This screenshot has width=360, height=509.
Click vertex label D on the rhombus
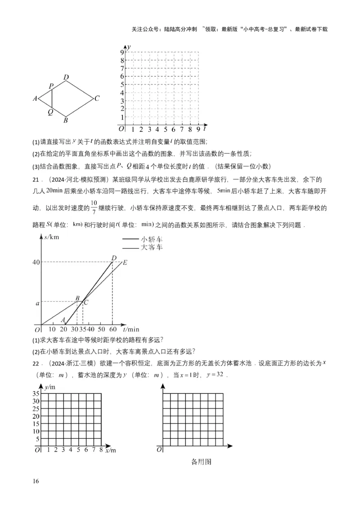point(66,77)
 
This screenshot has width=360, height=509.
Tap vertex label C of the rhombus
point(97,98)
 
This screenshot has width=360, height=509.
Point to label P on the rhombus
point(51,85)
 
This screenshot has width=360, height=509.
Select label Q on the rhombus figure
point(50,112)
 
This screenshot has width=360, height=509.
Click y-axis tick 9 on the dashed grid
point(121,52)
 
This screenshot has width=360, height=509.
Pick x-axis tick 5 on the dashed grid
point(165,130)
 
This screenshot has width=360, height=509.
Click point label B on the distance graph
point(77,298)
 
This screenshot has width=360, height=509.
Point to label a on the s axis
point(37,304)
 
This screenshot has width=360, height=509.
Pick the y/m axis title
point(50,386)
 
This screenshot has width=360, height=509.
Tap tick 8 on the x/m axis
point(101,449)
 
